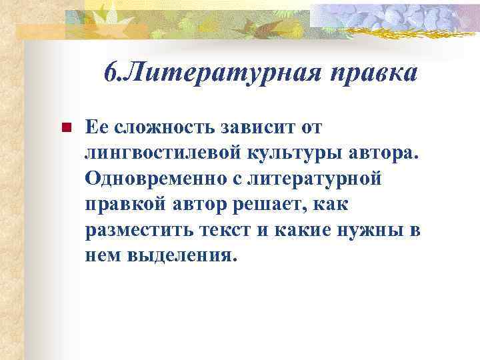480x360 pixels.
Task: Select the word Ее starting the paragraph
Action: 97,126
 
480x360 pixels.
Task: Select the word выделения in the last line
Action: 187,256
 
